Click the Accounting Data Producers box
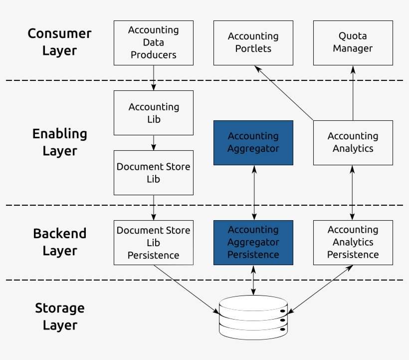153,42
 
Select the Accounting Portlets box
253,42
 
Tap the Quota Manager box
353,42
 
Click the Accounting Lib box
153,113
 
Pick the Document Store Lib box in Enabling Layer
153,173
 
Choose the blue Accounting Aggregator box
253,142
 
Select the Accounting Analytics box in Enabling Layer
353,142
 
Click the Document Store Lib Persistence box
153,242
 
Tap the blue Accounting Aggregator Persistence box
253,242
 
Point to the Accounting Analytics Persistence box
353,242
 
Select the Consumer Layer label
59,42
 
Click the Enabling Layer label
59,142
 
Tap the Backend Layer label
59,242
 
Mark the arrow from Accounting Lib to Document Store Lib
153,143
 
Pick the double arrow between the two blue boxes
254,193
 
